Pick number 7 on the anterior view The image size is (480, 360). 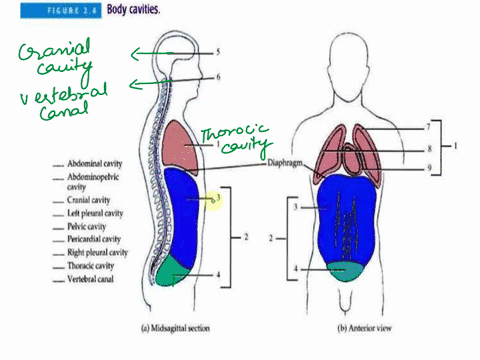[427, 128]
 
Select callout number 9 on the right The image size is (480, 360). [427, 168]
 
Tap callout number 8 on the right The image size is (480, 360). [427, 149]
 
